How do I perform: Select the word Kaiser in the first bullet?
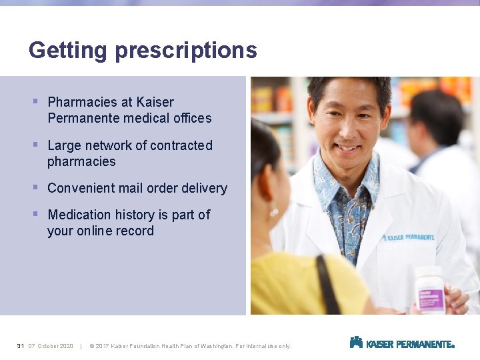155,102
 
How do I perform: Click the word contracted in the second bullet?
181,145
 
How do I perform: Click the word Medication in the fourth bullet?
79,215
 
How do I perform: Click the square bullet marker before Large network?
35,145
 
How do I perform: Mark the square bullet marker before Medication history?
35,214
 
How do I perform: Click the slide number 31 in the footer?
21,346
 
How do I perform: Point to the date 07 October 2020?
51,346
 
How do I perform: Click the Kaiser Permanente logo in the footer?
401,343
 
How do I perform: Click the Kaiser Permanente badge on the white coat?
407,237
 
